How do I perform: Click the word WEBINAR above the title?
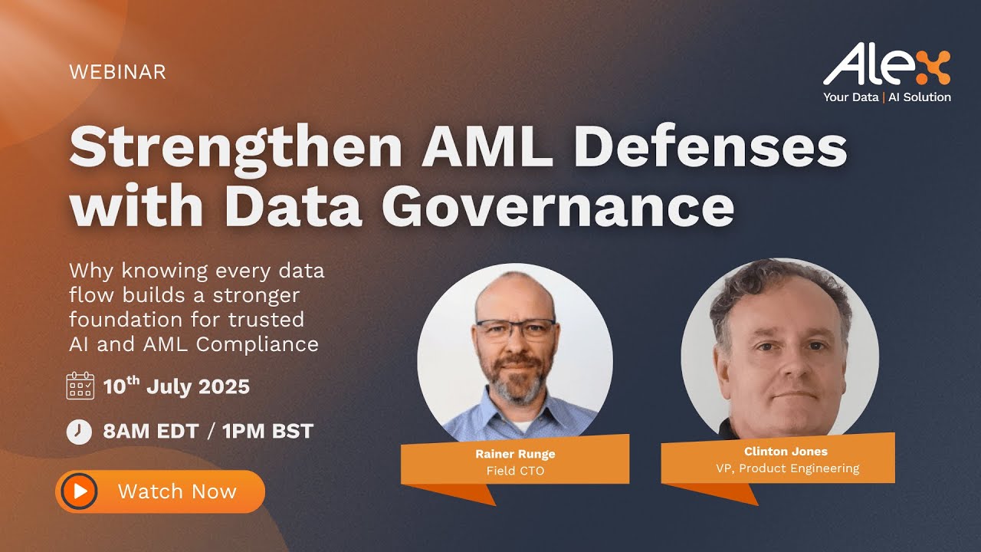pos(117,72)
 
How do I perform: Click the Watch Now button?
pos(160,491)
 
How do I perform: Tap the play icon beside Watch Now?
pos(80,491)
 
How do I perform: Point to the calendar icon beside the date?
pos(80,386)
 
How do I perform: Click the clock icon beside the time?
pos(79,432)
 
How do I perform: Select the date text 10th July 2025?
pos(177,386)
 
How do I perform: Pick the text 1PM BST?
pos(268,432)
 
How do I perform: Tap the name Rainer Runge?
pos(515,454)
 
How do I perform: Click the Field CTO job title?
pos(515,471)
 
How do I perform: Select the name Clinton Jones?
pos(786,452)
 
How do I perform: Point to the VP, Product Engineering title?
pos(787,468)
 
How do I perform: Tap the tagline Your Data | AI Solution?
pos(887,97)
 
